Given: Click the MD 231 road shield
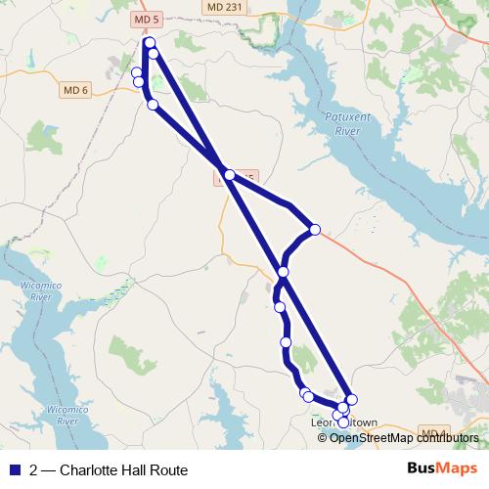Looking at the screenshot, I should tap(226, 7).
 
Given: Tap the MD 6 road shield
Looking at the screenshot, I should tap(75, 89).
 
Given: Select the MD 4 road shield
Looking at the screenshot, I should tap(432, 431).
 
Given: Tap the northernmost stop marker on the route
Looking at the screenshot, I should tap(150, 43).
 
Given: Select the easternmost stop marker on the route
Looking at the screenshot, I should tap(352, 399).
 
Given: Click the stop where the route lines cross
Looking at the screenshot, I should tap(229, 175).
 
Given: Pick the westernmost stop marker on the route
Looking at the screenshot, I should tap(137, 72).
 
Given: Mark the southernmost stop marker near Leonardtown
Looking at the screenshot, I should tap(342, 423).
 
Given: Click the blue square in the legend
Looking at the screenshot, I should tap(14, 469).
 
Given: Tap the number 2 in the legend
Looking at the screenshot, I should tap(34, 469).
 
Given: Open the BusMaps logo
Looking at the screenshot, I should tap(441, 468).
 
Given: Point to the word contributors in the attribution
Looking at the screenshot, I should tap(446, 437).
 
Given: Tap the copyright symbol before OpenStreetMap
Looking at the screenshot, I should tap(323, 437).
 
